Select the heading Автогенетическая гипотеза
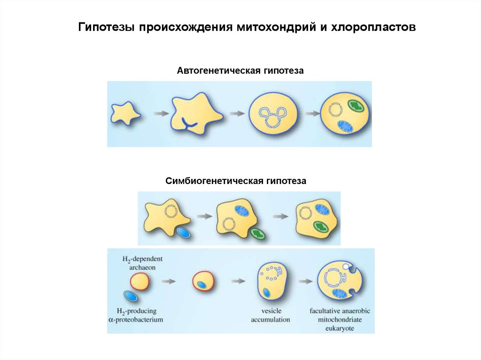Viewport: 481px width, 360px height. [240, 71]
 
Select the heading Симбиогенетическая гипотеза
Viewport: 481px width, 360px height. [235, 181]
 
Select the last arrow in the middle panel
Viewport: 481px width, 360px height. [281, 216]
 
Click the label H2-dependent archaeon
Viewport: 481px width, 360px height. [136, 263]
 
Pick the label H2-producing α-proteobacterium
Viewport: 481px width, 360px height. [136, 315]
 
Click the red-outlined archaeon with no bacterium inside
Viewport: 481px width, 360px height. [140, 282]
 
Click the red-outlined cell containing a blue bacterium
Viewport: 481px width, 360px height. [204, 282]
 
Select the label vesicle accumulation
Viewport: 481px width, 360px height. [269, 315]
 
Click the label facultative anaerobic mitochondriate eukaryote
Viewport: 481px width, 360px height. [340, 319]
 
